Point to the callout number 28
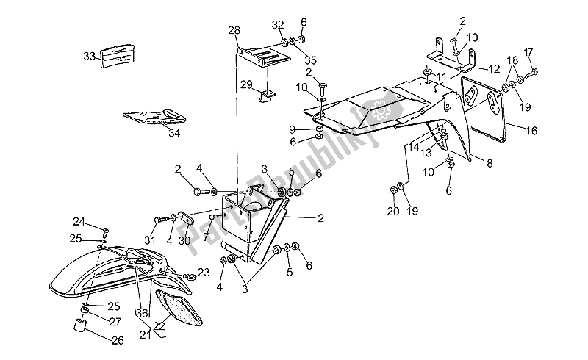point(234,30)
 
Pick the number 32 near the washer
point(277,25)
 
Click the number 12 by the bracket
point(494,68)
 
